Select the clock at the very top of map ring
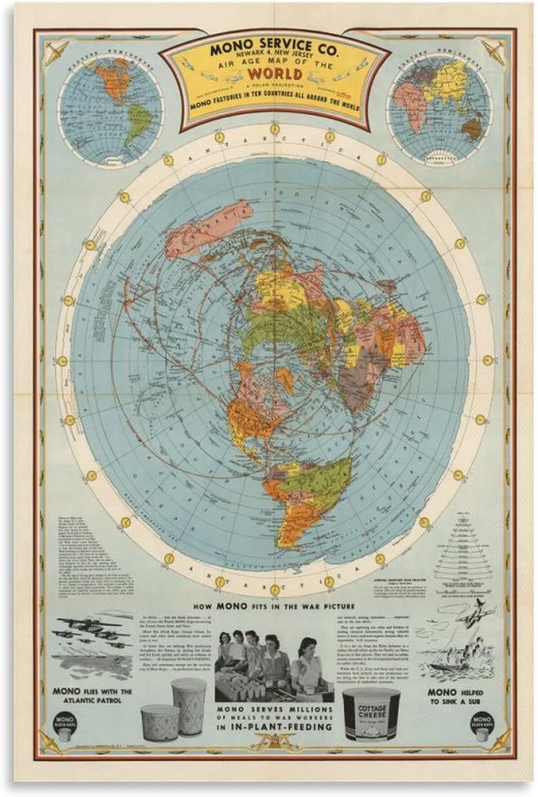pos(275,130)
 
